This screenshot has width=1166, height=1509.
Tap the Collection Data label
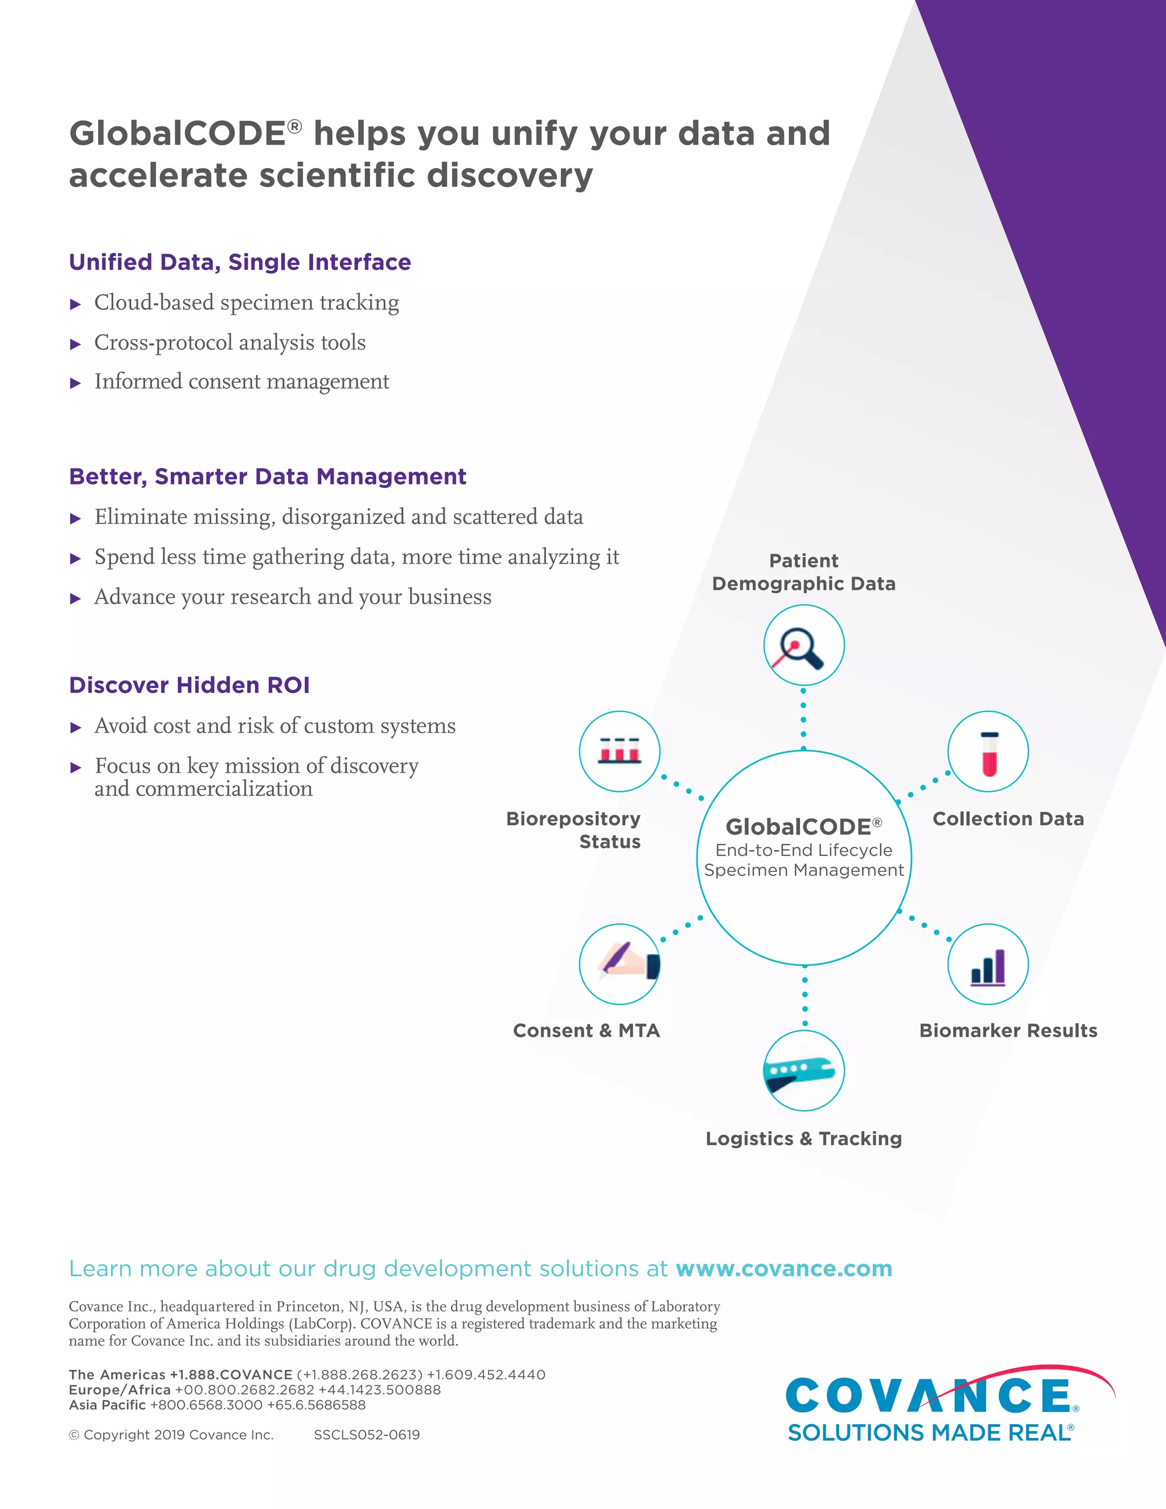tap(1008, 819)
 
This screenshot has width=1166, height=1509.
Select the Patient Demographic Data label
tap(803, 572)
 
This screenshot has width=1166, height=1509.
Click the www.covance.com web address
tap(783, 1269)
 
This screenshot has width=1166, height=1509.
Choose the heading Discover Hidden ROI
tap(189, 684)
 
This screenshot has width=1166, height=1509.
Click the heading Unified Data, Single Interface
tap(240, 262)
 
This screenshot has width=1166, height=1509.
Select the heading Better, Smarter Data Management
tap(268, 476)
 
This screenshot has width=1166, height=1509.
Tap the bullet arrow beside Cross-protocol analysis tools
tap(76, 344)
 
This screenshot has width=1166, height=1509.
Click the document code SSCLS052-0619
tap(367, 1434)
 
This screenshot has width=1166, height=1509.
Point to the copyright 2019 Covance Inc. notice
tap(171, 1434)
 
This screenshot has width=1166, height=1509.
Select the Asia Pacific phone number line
tap(217, 1405)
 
